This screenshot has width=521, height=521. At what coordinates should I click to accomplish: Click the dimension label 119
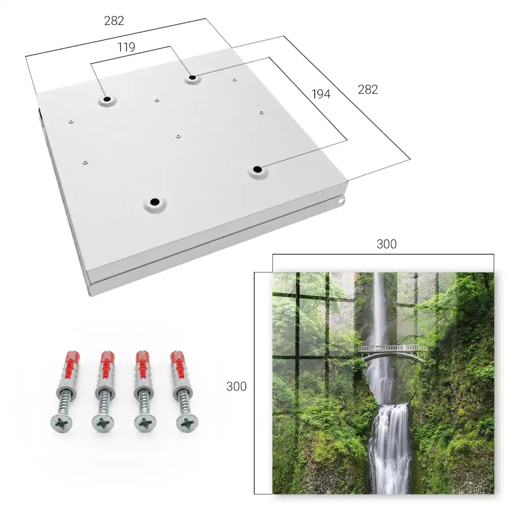(x=126, y=47)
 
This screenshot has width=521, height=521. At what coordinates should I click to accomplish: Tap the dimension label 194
(x=321, y=94)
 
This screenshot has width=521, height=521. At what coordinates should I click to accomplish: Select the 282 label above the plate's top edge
(x=114, y=21)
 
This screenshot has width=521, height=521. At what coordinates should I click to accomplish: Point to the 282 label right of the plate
(x=368, y=90)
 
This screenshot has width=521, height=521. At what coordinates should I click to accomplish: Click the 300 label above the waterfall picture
(x=387, y=244)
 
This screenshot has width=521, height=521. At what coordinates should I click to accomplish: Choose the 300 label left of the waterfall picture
(x=236, y=387)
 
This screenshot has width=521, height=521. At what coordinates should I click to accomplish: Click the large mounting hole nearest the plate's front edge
(x=155, y=202)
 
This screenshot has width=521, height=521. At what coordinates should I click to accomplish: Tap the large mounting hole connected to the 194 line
(x=257, y=169)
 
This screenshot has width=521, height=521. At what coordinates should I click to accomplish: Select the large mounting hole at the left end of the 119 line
(x=107, y=99)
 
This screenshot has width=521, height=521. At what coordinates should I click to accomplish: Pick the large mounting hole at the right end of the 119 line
(x=192, y=78)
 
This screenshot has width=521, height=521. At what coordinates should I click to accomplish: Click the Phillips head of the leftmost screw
(x=61, y=423)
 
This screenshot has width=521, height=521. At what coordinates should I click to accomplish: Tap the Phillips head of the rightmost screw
(x=188, y=423)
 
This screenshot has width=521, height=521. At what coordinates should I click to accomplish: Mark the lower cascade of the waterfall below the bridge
(x=390, y=449)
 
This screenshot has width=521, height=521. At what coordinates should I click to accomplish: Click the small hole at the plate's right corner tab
(x=340, y=201)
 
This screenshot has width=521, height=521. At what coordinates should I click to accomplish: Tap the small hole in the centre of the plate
(x=178, y=136)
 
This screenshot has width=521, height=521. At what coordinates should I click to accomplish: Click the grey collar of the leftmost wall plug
(x=67, y=385)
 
